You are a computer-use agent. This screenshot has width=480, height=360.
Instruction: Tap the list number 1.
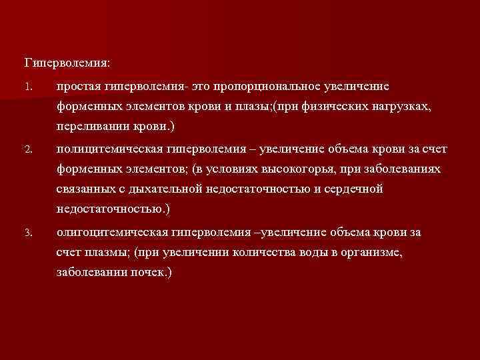tap(27, 87)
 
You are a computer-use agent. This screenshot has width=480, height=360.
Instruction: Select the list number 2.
tap(27, 150)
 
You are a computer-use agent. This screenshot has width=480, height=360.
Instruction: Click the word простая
tap(78, 87)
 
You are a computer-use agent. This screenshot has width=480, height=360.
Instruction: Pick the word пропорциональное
tap(271, 87)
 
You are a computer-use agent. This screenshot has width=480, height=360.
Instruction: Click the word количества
tap(257, 253)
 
